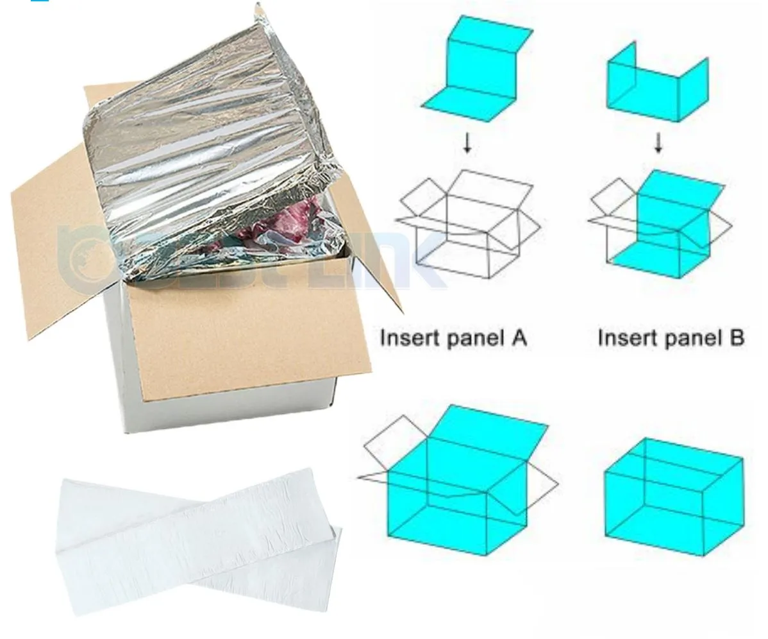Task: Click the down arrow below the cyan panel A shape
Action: click(x=467, y=145)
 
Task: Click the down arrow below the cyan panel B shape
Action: click(x=658, y=145)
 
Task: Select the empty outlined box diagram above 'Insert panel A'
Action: click(x=468, y=225)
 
